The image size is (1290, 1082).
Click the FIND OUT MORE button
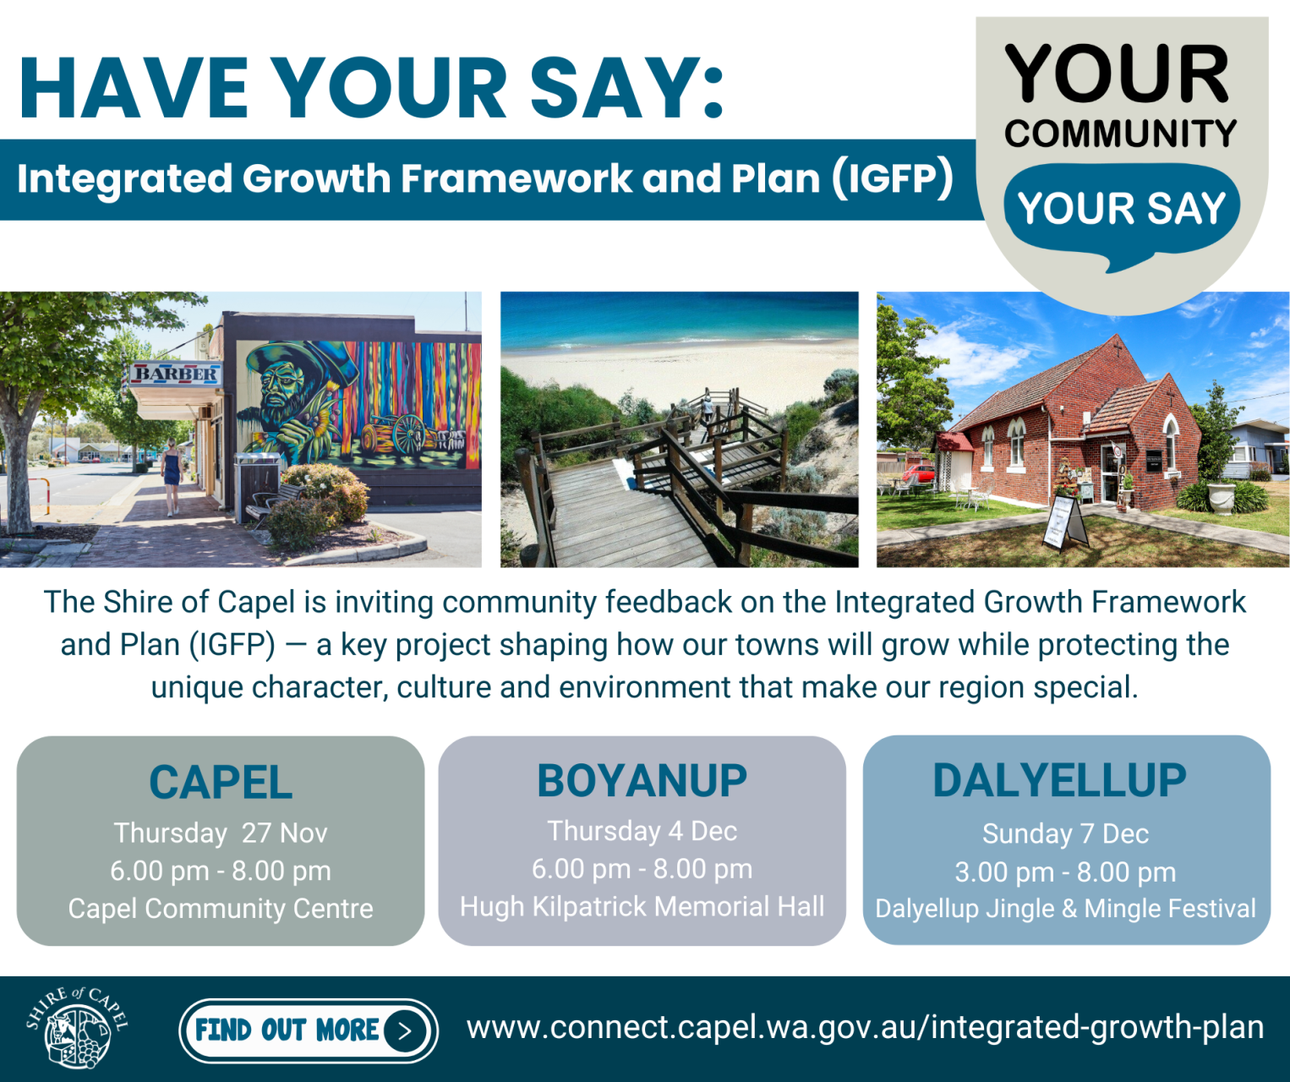(x=309, y=1030)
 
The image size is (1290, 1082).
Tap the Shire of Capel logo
(x=78, y=1027)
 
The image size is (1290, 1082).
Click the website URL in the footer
(x=865, y=1027)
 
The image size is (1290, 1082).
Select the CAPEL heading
(x=221, y=782)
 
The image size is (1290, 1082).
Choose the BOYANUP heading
(x=642, y=780)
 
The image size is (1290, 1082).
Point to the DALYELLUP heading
(x=1059, y=779)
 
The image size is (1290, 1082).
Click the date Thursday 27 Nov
(x=221, y=833)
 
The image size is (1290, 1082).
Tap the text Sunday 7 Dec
(x=1065, y=833)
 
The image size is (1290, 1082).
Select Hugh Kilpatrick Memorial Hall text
(x=642, y=906)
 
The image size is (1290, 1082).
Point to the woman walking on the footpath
(x=172, y=475)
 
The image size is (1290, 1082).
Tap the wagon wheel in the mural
(x=410, y=431)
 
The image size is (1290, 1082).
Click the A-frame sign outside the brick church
(x=1063, y=522)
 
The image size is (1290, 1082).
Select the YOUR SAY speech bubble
(x=1121, y=210)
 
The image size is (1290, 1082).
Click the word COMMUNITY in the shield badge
(x=1121, y=134)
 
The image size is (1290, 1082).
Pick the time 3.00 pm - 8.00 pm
(x=1065, y=872)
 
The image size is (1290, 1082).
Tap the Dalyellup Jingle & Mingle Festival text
(x=1065, y=909)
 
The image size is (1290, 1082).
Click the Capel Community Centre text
(x=221, y=909)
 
